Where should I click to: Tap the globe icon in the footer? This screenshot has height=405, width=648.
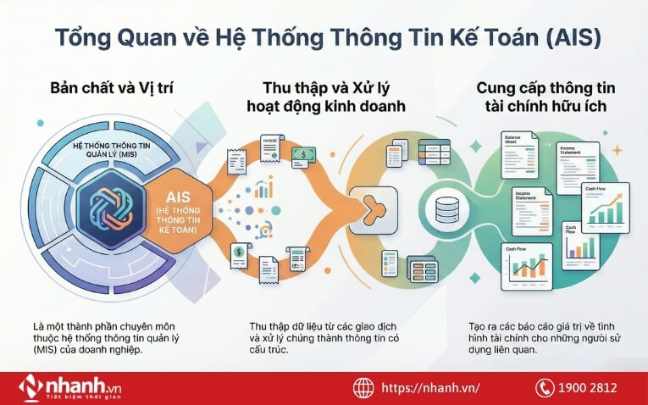click(x=364, y=387)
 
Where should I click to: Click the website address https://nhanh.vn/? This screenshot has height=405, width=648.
click(x=430, y=387)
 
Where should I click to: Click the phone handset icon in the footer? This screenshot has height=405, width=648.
click(x=545, y=387)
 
